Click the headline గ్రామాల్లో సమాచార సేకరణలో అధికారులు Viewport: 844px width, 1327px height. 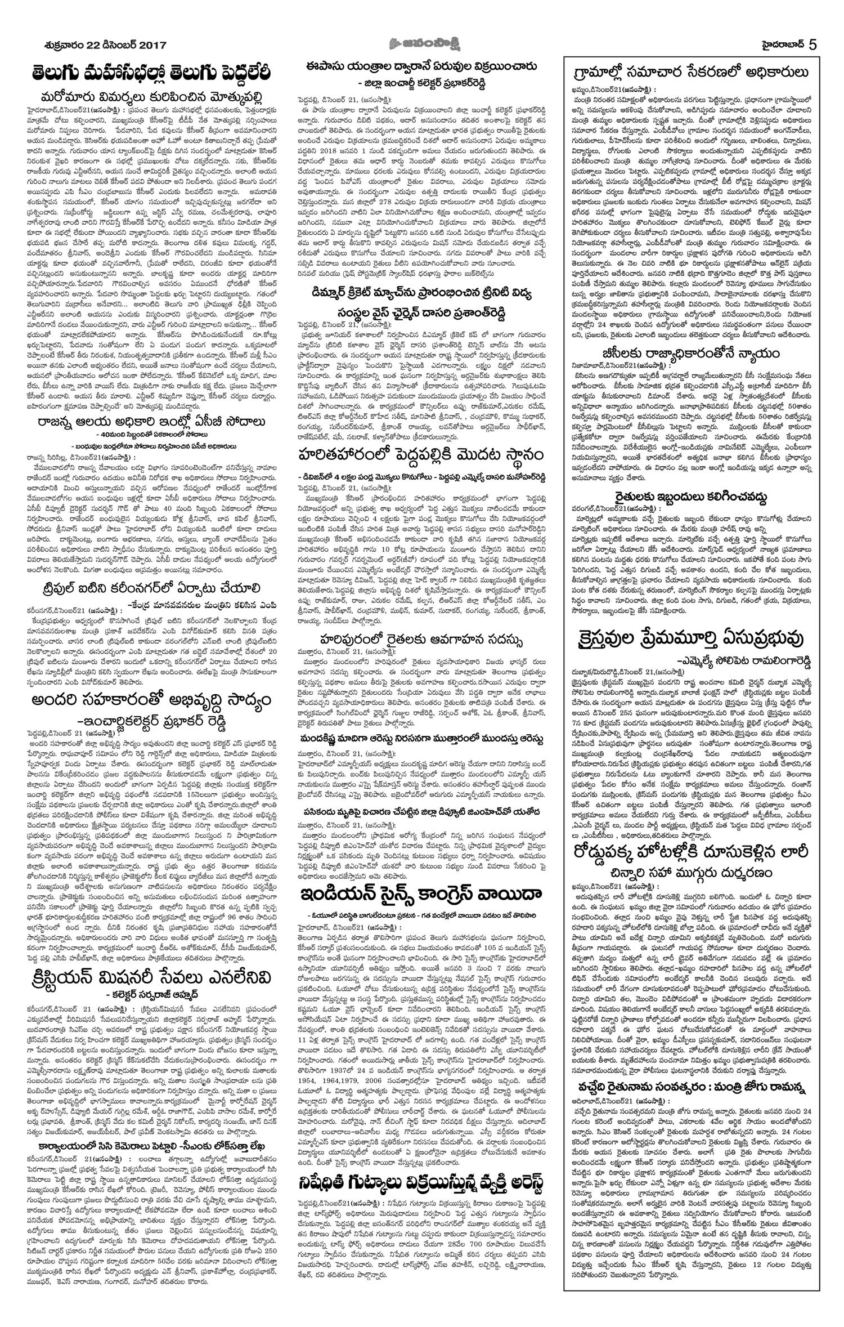[691, 73]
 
